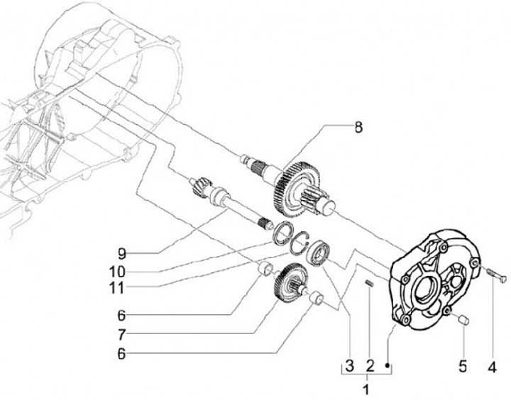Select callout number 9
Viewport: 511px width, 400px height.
coord(122,252)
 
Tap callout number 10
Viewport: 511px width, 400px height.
coord(122,270)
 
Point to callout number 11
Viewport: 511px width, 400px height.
coord(122,289)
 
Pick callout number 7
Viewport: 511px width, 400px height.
coord(122,333)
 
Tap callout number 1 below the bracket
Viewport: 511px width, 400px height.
coord(367,389)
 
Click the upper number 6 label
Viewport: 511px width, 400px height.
coord(122,313)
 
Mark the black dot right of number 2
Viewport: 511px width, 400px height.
coord(388,365)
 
